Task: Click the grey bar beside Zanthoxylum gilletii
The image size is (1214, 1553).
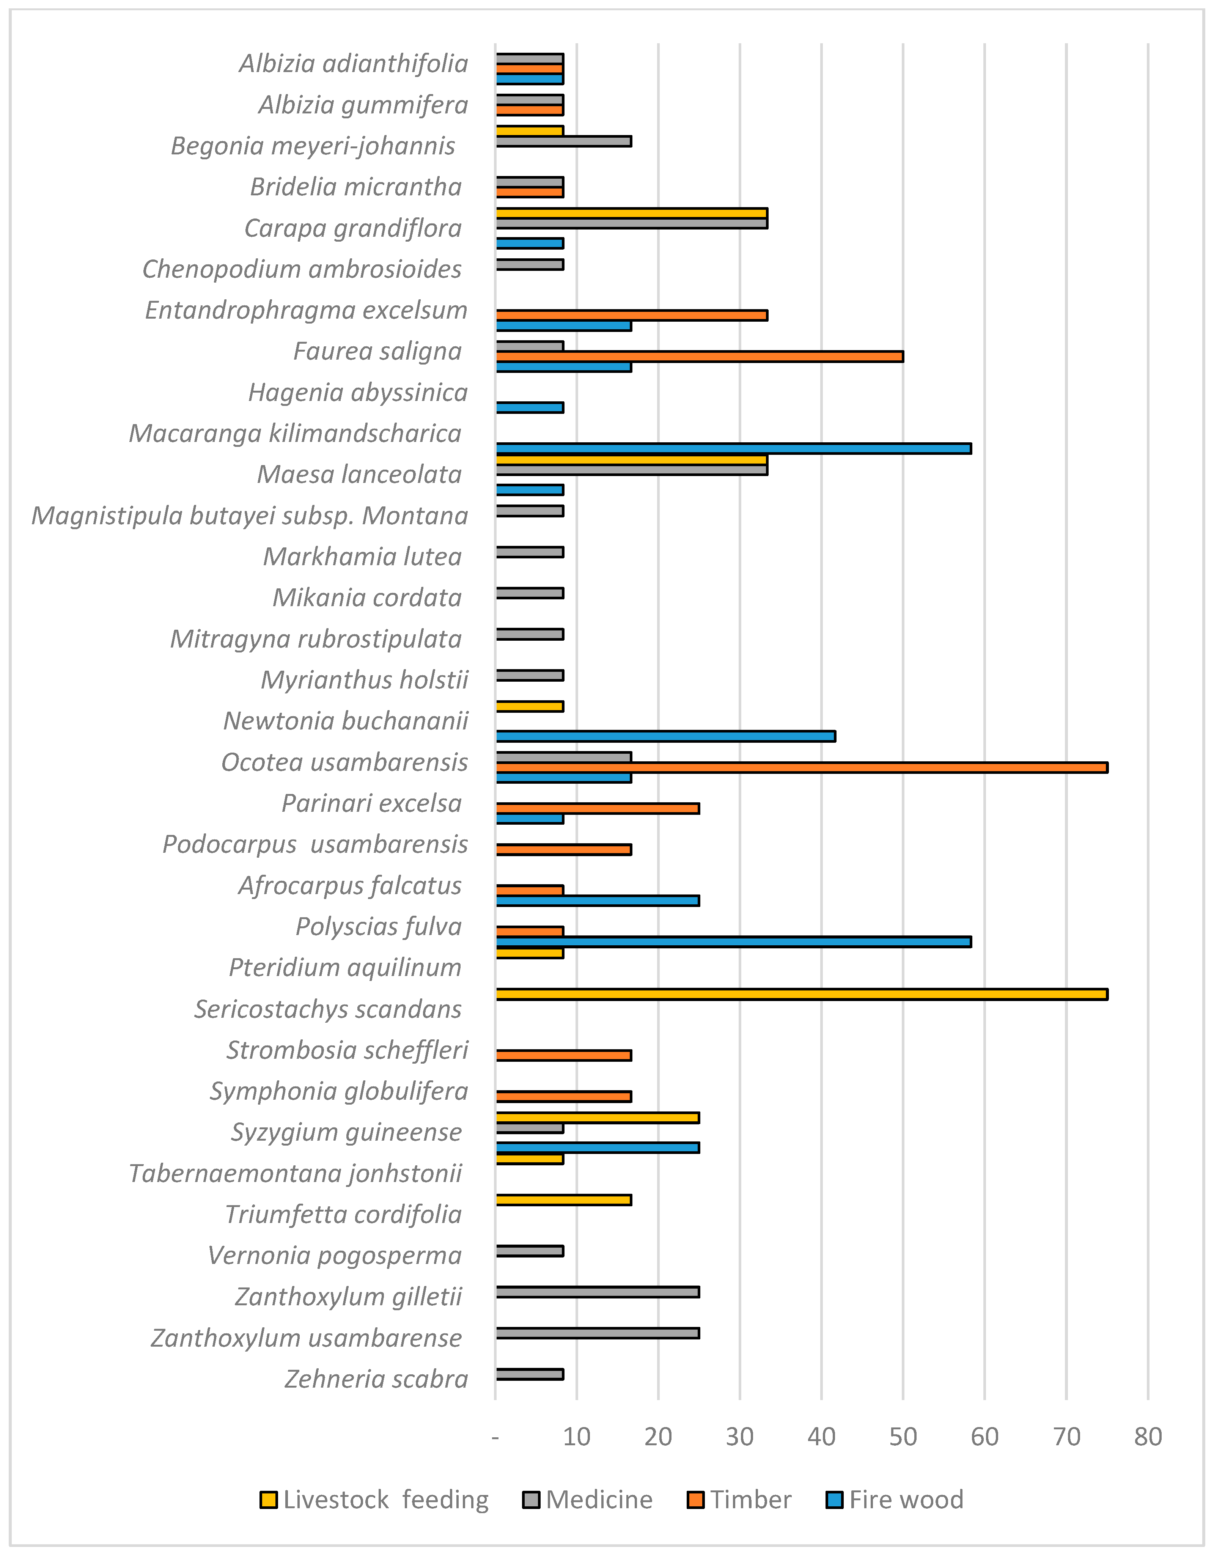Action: [x=598, y=1292]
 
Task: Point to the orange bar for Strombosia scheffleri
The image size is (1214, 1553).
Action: [x=563, y=1055]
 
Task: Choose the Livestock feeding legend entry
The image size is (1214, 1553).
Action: [x=375, y=1500]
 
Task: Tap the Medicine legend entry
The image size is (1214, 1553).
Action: [x=588, y=1500]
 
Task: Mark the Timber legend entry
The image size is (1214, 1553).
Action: [x=740, y=1500]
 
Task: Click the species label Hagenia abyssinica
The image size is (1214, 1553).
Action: [x=358, y=393]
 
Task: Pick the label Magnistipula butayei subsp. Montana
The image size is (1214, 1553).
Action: [x=250, y=516]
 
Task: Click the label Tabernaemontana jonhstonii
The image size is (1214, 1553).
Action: [x=296, y=1173]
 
